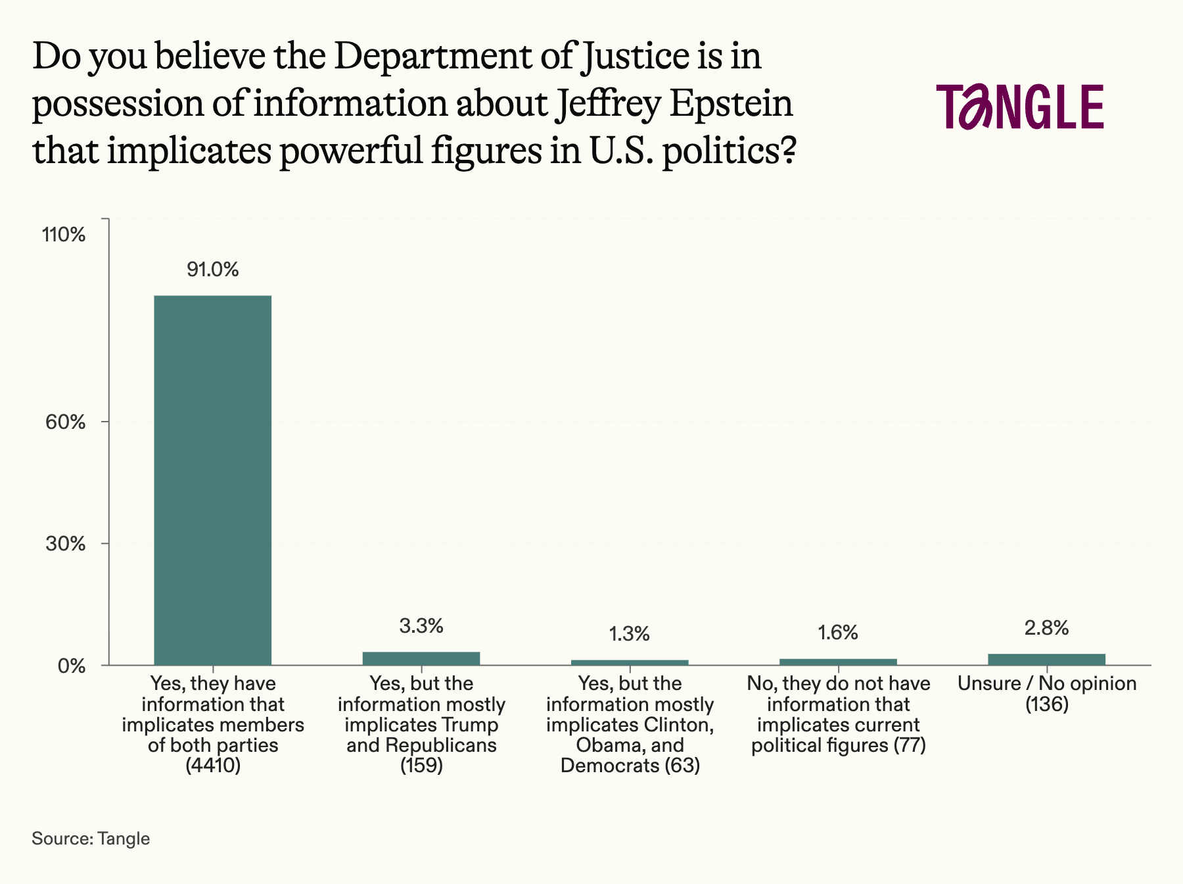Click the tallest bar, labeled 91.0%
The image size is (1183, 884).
pyautogui.click(x=212, y=480)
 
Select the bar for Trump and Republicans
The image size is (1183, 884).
pyautogui.click(x=421, y=658)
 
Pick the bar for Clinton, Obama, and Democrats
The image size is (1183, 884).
pyautogui.click(x=630, y=662)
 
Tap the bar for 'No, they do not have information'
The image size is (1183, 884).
pyautogui.click(x=838, y=661)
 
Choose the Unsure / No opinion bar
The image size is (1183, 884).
pyautogui.click(x=1046, y=659)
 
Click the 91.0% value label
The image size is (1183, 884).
pyautogui.click(x=212, y=270)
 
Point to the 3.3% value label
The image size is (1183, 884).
pyautogui.click(x=421, y=626)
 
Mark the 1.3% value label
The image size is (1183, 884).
pyautogui.click(x=630, y=634)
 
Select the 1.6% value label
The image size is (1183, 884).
pyautogui.click(x=838, y=633)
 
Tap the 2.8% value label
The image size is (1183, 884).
pyautogui.click(x=1046, y=628)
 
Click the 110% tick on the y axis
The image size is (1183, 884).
pyautogui.click(x=64, y=235)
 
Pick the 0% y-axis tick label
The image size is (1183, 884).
pyautogui.click(x=72, y=666)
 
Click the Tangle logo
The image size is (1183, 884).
pyautogui.click(x=1020, y=107)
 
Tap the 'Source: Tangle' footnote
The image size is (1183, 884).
pyautogui.click(x=91, y=839)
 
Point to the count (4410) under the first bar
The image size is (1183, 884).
pyautogui.click(x=212, y=766)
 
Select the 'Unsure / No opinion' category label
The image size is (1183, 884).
pyautogui.click(x=1046, y=684)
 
